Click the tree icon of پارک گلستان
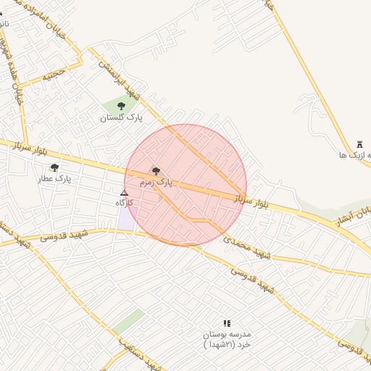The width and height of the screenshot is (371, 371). coord(121,106)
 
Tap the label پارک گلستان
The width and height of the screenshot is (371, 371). coord(121,117)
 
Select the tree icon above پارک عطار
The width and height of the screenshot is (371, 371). coord(54,167)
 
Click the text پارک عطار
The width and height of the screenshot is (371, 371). coord(55,178)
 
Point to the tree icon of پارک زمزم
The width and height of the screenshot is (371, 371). coord(156,171)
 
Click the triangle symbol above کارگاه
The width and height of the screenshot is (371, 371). coord(124,193)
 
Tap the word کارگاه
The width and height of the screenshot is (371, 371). coord(125,204)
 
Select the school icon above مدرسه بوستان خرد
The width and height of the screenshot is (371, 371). coord(226,323)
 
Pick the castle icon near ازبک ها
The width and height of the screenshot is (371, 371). coord(360,145)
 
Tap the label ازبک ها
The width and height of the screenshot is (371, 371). coord(355,155)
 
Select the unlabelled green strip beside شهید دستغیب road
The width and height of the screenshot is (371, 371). coord(128,321)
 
